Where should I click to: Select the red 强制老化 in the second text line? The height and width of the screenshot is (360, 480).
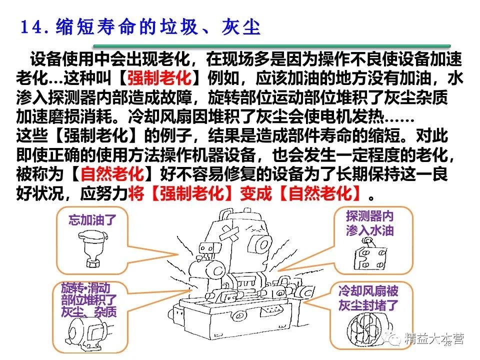(159, 78)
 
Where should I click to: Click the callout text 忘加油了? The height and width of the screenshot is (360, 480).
(91, 220)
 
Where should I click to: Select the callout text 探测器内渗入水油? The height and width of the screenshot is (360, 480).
(370, 223)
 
